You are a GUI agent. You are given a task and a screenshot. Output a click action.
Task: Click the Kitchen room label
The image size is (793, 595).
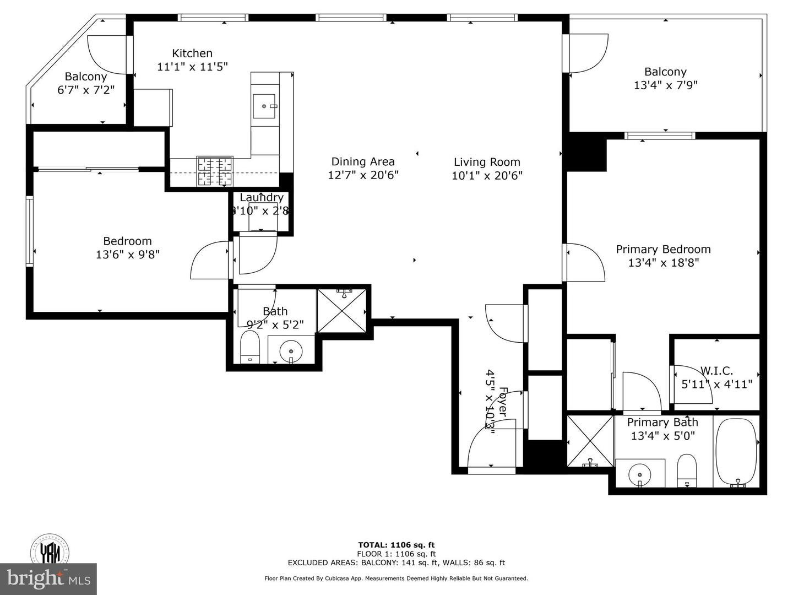[x=192, y=53]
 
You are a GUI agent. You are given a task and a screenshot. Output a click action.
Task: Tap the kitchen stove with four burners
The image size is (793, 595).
[x=215, y=171]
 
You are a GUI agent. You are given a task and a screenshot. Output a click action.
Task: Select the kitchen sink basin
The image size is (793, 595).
[x=265, y=106]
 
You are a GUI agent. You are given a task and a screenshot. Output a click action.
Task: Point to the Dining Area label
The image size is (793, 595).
[x=363, y=161]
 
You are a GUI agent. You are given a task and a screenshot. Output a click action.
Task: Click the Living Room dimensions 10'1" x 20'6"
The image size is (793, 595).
[x=487, y=176]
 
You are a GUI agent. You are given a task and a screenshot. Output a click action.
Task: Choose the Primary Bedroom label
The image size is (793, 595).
[x=663, y=249]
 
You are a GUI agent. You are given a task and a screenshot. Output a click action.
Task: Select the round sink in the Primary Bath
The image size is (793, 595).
[x=639, y=473]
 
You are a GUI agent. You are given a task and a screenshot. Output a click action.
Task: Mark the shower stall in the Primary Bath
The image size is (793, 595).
[x=590, y=441]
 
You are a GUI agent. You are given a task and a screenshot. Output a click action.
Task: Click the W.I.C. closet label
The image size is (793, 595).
[x=716, y=371]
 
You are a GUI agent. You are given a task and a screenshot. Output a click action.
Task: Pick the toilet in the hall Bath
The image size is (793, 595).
[x=250, y=347]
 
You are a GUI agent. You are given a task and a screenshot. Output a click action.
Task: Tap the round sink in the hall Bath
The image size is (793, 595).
[x=290, y=350]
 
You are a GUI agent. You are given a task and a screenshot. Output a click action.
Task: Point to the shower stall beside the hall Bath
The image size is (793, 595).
[x=341, y=310]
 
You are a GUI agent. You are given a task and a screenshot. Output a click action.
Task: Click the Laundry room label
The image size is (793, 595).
[x=262, y=197]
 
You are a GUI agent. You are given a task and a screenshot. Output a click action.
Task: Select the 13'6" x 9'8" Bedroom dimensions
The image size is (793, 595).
[x=127, y=255]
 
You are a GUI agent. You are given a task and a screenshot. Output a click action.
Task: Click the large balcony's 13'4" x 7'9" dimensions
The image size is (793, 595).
[x=665, y=85]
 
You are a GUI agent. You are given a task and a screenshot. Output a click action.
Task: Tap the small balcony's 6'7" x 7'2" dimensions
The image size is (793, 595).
[x=86, y=90]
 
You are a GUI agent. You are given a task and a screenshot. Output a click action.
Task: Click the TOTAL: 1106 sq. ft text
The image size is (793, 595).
[x=396, y=545]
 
